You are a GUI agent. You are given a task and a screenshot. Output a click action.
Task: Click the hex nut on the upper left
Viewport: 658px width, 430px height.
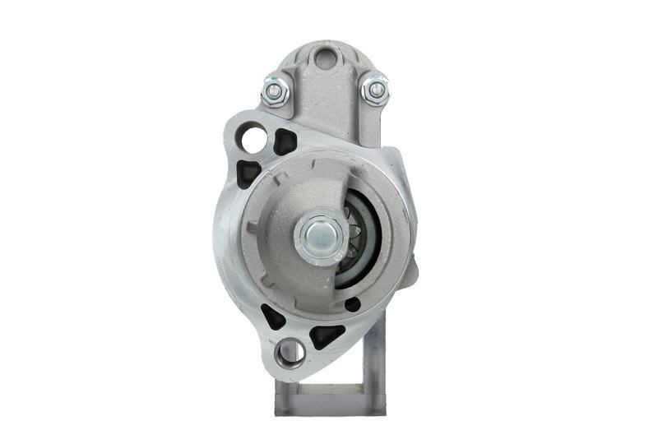[x=276, y=90]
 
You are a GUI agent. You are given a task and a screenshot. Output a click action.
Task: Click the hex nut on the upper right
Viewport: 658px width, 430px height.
[x=375, y=89]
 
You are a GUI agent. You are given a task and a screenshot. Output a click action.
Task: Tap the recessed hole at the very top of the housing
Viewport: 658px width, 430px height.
[x=326, y=58]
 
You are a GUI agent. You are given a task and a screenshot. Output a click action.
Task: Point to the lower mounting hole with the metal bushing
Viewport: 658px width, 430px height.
[x=290, y=353]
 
